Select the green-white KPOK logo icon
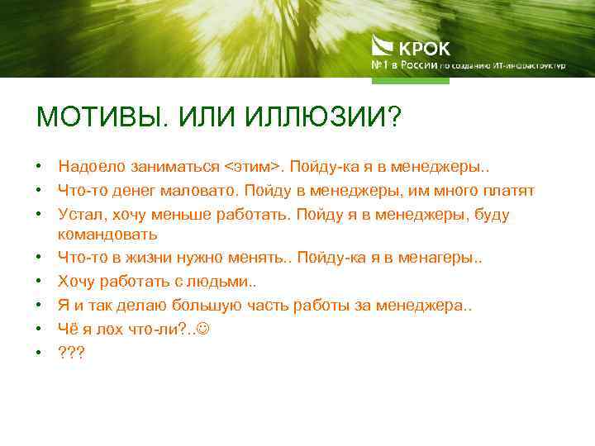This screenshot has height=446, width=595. coord(383,45)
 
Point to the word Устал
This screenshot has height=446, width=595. coord(78,214)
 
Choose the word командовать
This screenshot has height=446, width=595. coord(108,235)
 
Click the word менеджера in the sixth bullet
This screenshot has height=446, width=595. coord(421,305)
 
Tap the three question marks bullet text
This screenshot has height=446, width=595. coord(71,351)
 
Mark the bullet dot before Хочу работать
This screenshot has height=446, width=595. coord(40,282)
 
